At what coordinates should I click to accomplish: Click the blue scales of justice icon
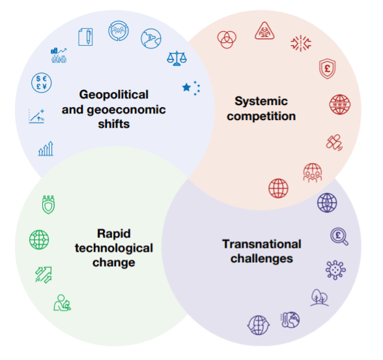(177, 58)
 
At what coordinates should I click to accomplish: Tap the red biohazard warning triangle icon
(264, 31)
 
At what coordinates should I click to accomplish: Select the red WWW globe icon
(340, 104)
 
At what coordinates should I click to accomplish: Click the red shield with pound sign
(327, 68)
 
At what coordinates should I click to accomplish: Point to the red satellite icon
(334, 142)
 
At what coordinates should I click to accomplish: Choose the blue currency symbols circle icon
(41, 83)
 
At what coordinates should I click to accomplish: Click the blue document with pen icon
(85, 37)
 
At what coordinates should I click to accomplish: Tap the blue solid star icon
(186, 87)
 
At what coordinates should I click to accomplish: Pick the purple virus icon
(335, 270)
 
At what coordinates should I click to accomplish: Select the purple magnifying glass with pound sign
(339, 236)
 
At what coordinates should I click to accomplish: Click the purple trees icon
(319, 297)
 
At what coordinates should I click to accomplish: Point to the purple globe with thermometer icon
(291, 320)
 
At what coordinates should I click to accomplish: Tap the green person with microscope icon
(62, 303)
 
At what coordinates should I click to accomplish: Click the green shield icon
(48, 205)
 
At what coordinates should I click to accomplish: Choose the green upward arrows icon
(44, 275)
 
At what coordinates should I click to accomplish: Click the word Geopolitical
(114, 95)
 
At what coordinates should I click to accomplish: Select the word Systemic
(261, 101)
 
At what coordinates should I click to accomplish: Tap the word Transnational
(262, 244)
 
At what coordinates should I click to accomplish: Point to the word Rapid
(114, 233)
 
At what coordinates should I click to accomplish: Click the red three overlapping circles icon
(227, 39)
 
